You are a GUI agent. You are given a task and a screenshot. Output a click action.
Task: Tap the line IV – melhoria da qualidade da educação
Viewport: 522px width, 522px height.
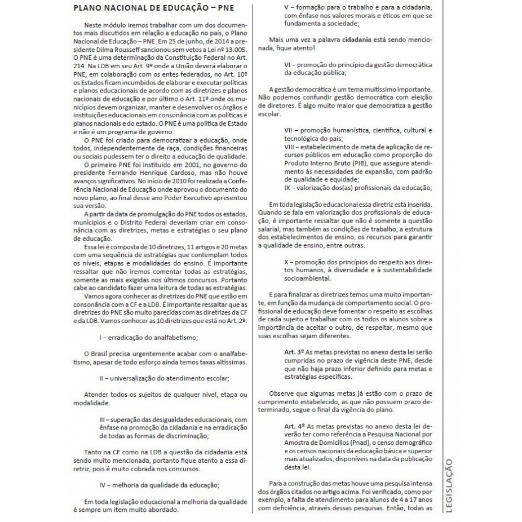click(160, 484)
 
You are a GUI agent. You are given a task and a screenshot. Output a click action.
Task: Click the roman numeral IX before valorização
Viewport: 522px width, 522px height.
click(288, 188)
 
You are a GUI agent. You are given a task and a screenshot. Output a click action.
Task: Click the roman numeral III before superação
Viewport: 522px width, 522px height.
click(103, 419)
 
